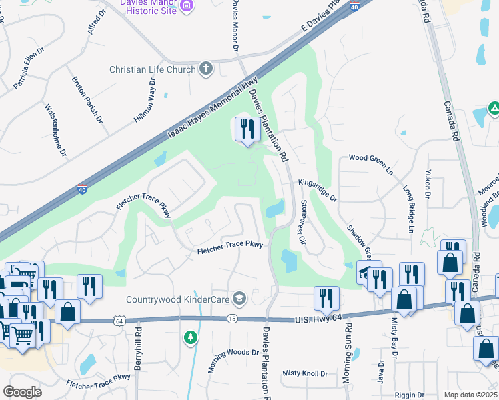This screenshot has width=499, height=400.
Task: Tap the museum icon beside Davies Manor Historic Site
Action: click(187, 6)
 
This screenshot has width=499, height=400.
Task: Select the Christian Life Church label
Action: click(153, 69)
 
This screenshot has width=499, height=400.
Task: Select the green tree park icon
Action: click(191, 337)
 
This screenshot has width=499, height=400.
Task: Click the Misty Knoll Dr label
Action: click(305, 373)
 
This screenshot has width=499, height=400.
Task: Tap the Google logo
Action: click(22, 391)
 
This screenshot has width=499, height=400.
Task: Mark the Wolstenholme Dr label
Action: click(55, 130)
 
